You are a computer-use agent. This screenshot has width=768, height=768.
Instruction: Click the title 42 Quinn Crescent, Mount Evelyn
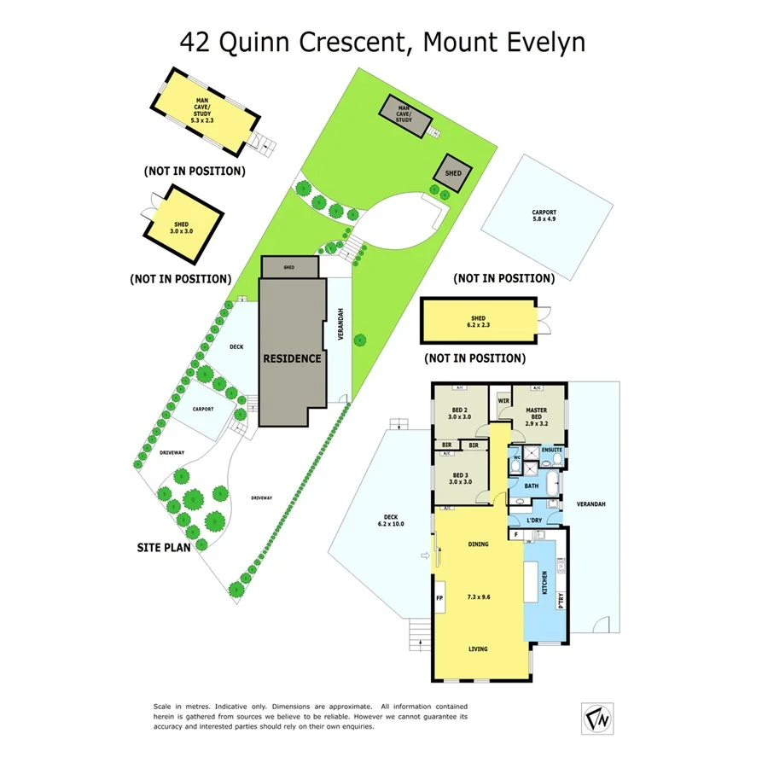(x=382, y=42)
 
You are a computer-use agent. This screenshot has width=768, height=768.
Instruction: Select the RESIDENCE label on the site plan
(x=292, y=358)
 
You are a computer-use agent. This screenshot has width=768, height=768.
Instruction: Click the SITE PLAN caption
(x=164, y=547)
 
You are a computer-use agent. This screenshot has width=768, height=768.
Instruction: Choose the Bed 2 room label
(x=461, y=413)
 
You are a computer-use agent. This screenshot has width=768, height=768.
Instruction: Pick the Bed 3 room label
(x=461, y=478)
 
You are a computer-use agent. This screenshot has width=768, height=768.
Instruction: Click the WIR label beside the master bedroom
(x=503, y=400)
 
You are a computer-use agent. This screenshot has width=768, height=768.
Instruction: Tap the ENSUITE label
(x=552, y=449)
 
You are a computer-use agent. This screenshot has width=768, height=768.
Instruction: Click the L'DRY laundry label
(x=535, y=520)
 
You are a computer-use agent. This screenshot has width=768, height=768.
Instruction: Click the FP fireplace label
(x=440, y=598)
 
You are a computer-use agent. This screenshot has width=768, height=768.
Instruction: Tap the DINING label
(x=478, y=544)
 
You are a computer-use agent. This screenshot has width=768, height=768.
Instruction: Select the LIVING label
(x=478, y=649)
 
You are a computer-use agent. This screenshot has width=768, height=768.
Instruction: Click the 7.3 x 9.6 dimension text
(x=478, y=597)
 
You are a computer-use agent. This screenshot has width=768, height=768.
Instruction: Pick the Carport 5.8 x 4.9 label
(x=544, y=216)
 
